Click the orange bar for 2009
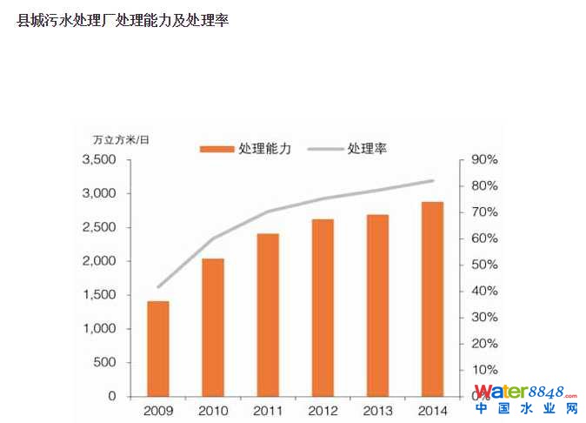point(158,348)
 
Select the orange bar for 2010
point(213,327)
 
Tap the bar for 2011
point(268,314)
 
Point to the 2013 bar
point(377,305)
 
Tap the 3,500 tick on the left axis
point(98,160)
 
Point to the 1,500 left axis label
point(98,295)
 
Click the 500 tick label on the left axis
point(104,362)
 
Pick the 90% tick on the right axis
point(485,160)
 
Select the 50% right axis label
point(485,265)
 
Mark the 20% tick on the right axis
point(485,343)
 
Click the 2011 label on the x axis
point(268,411)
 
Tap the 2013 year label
point(377,411)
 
